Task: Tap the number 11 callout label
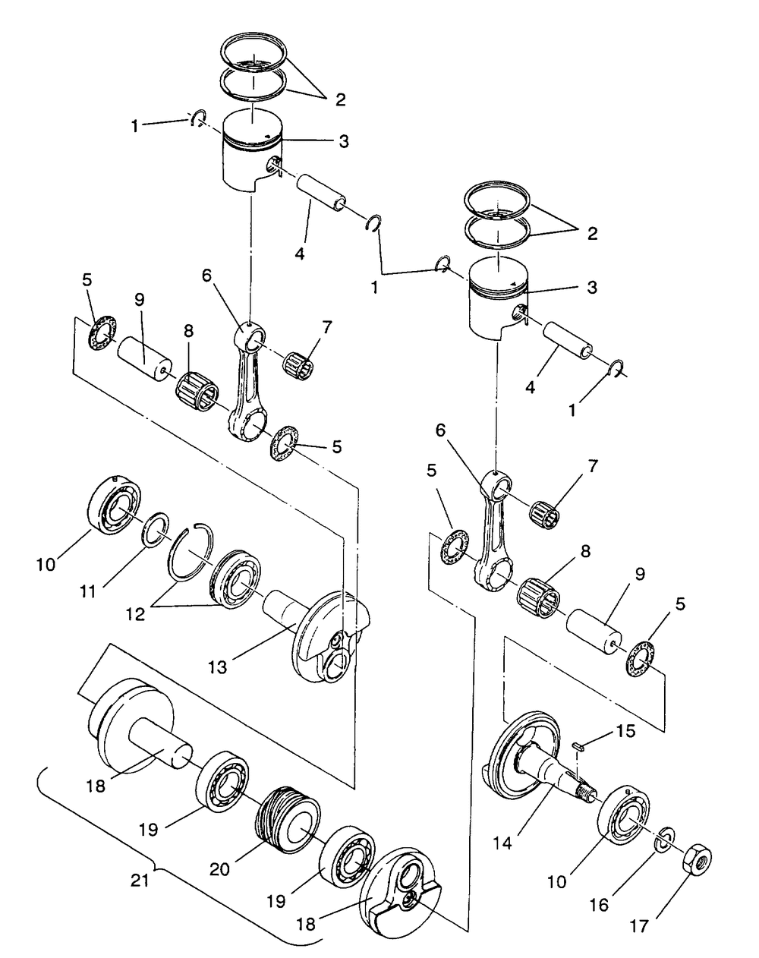88,591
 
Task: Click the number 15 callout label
625,731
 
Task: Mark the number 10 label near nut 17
556,869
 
